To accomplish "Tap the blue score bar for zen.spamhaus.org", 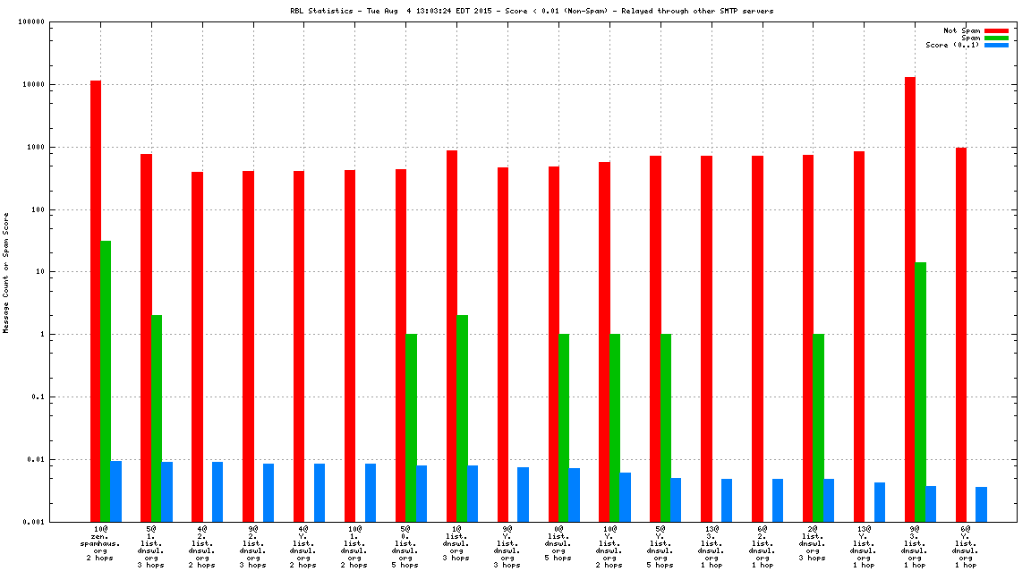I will pyautogui.click(x=116, y=491).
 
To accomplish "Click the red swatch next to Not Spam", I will pyautogui.click(x=996, y=30).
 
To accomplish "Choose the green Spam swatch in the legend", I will pyautogui.click(x=996, y=38).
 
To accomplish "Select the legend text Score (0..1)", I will pyautogui.click(x=952, y=45).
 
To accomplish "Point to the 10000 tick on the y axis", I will pyautogui.click(x=33, y=84).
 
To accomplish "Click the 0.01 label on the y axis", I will pyautogui.click(x=37, y=459).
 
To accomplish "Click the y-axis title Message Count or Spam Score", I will pyautogui.click(x=6, y=272).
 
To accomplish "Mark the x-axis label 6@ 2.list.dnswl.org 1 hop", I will pyautogui.click(x=763, y=547).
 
